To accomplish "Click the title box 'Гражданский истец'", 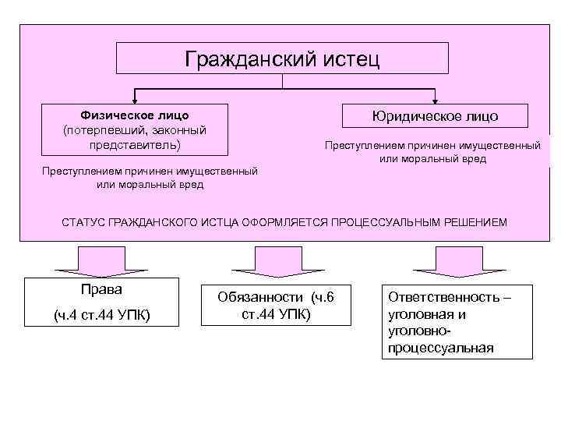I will [282, 58].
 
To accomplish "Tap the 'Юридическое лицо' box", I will [435, 116].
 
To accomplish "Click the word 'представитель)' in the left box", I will [135, 145].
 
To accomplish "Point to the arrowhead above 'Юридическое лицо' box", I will [435, 100].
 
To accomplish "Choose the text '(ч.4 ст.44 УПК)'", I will [102, 315].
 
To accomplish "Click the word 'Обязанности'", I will [260, 298].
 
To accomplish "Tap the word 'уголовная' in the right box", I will [421, 315].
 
